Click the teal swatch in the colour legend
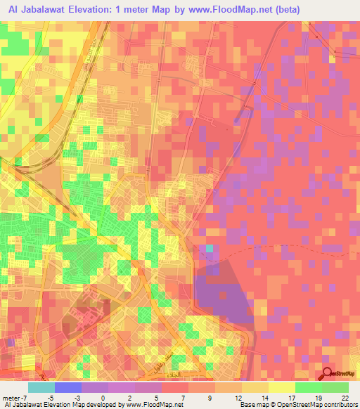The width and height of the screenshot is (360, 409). pos(41,387)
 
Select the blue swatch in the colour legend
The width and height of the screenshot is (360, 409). pos(68,387)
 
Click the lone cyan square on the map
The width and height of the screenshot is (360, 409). pos(209,249)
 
